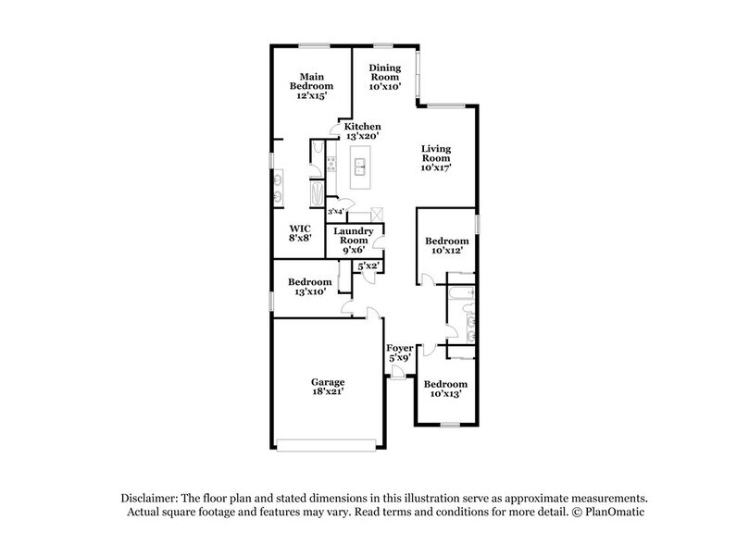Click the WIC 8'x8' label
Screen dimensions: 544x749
(x=298, y=231)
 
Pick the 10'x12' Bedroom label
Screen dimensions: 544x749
(x=443, y=245)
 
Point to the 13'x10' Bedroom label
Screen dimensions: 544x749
(x=309, y=287)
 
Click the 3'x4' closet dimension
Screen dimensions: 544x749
(x=335, y=212)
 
